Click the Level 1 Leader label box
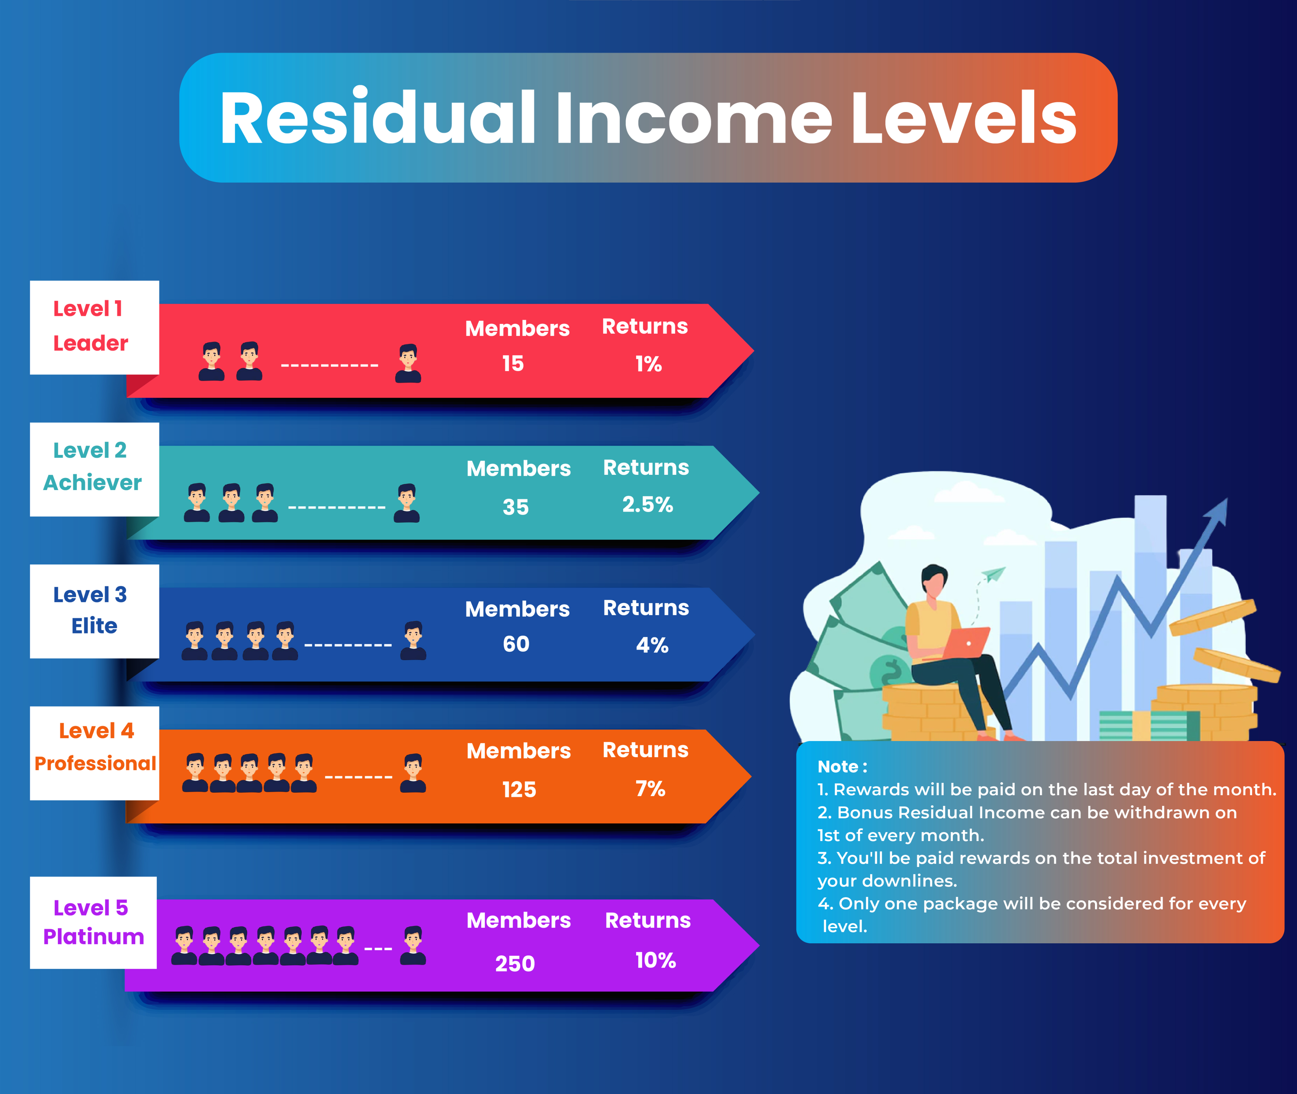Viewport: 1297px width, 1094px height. [x=94, y=327]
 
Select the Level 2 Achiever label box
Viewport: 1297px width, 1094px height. [x=94, y=469]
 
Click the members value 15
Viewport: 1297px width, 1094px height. [x=513, y=363]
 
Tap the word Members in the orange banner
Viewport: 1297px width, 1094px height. [x=519, y=751]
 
